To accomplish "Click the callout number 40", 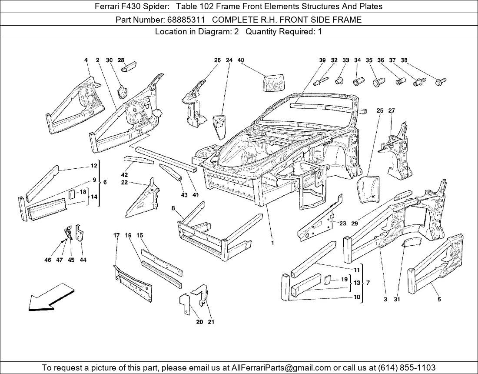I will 241,60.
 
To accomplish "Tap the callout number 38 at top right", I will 404,60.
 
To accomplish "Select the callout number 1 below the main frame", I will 272,243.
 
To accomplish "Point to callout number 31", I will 397,299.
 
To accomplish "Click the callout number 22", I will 124,183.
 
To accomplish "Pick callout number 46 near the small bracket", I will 48,260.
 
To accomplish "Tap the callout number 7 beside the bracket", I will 368,283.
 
